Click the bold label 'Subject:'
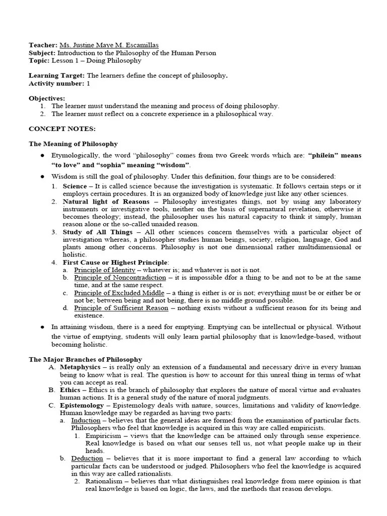[x=42, y=53]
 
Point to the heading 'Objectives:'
[x=47, y=98]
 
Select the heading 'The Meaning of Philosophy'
[x=73, y=144]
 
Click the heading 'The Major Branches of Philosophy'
[x=85, y=359]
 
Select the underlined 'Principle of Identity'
[x=105, y=270]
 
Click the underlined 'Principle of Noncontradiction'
[x=120, y=278]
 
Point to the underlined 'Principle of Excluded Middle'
[x=119, y=293]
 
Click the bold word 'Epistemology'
[x=83, y=405]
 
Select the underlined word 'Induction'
[x=86, y=420]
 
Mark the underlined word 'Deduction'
[x=87, y=459]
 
